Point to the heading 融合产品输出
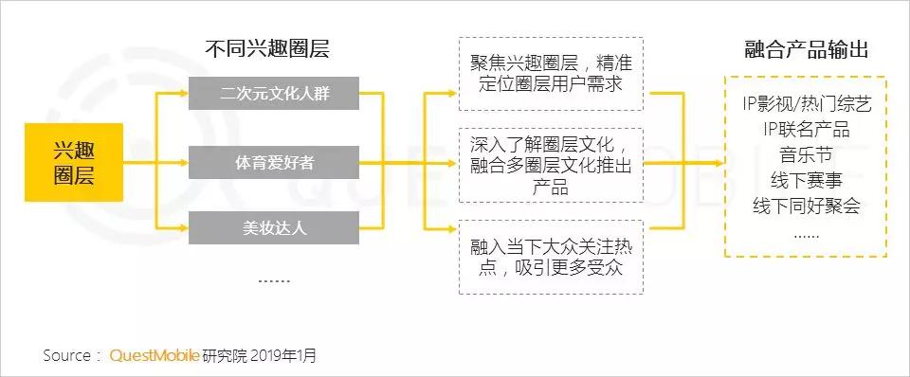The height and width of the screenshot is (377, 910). [x=807, y=49]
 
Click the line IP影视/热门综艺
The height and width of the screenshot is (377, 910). [x=807, y=104]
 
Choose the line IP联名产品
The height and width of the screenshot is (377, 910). [x=807, y=130]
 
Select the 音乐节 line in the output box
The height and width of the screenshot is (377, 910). [x=807, y=155]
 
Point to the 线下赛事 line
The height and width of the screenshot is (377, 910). [x=807, y=181]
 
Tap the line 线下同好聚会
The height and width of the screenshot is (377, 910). [x=807, y=206]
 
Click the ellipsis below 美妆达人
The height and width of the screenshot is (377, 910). [x=274, y=279]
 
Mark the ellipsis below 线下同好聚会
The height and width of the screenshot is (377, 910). [x=807, y=233]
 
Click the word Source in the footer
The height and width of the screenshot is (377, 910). [x=67, y=356]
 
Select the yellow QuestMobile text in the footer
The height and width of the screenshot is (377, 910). [x=155, y=356]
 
